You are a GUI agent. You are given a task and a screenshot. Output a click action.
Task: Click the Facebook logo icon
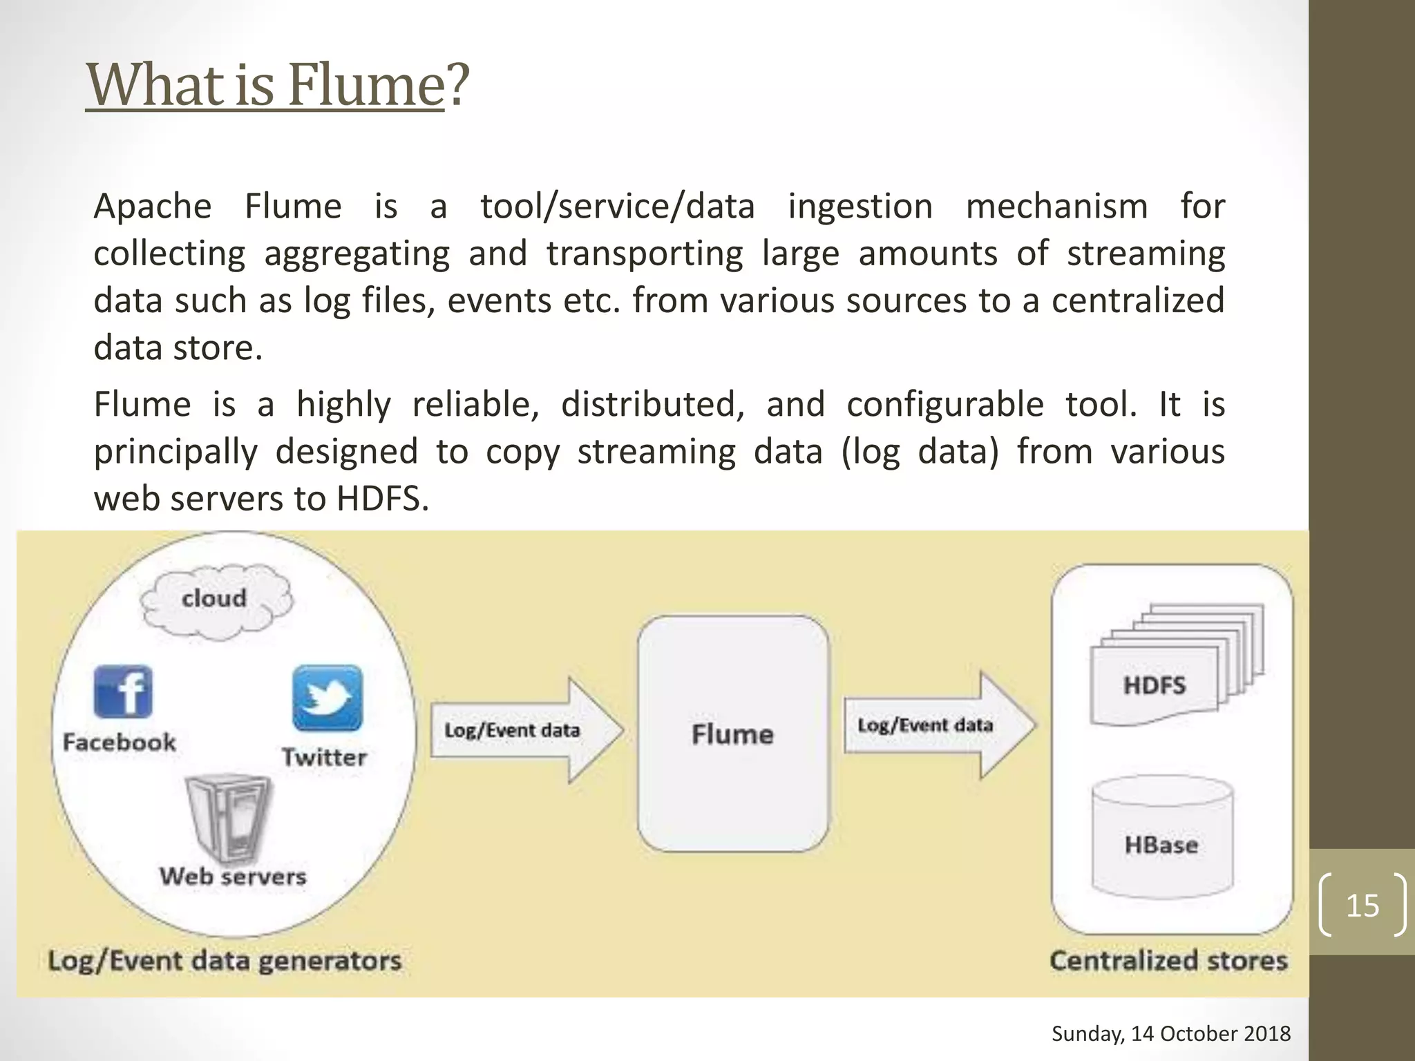pyautogui.click(x=123, y=692)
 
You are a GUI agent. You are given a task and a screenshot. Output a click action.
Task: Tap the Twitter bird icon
pyautogui.click(x=327, y=698)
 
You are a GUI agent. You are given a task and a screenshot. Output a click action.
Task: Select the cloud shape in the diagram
pyautogui.click(x=215, y=600)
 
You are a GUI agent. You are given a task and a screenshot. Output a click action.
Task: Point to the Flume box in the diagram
pyautogui.click(x=732, y=734)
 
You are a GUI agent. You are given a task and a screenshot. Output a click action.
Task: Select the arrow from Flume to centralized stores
pyautogui.click(x=940, y=725)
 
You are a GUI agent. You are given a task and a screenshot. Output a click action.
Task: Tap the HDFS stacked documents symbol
pyautogui.click(x=1175, y=667)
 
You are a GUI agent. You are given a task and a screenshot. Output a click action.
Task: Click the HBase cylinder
pyautogui.click(x=1162, y=837)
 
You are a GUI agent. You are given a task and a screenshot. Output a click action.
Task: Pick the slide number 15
pyautogui.click(x=1362, y=906)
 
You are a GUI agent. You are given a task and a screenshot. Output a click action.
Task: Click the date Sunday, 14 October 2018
pyautogui.click(x=1171, y=1033)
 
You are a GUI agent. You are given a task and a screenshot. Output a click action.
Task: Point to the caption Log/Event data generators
pyautogui.click(x=225, y=961)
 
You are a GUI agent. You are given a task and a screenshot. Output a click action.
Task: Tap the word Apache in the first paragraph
pyautogui.click(x=153, y=207)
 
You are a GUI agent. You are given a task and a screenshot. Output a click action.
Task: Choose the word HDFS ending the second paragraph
pyautogui.click(x=382, y=499)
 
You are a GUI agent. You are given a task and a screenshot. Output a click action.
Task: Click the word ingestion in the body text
pyautogui.click(x=860, y=207)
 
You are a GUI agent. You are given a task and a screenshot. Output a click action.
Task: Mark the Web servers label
pyautogui.click(x=233, y=877)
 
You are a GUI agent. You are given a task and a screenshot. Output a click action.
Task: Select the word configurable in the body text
pyautogui.click(x=944, y=405)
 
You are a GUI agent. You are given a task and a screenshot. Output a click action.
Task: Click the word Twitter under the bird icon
pyautogui.click(x=324, y=757)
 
